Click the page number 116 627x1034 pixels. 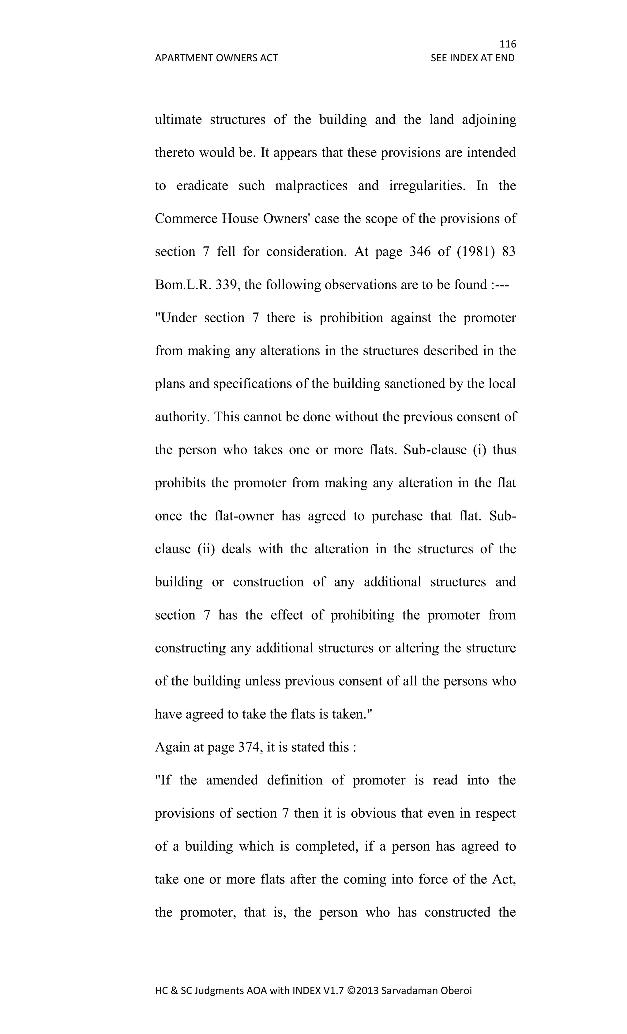tap(508, 44)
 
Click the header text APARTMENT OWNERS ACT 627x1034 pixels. tap(216, 58)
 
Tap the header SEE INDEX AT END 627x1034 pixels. tap(472, 58)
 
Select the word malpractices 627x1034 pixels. tap(311, 185)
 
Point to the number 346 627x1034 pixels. tap(419, 252)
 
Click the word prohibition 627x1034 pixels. tap(351, 318)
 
